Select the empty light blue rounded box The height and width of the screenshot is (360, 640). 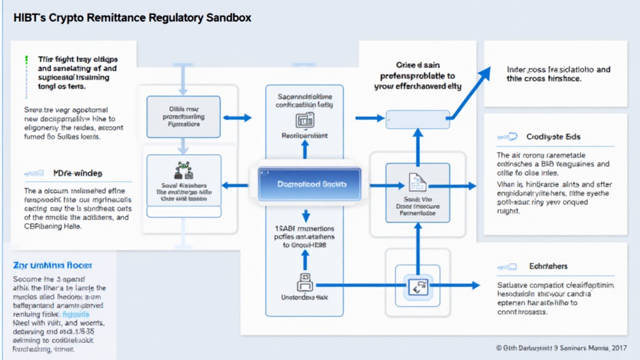coord(417,119)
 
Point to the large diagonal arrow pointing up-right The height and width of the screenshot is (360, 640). coord(472,91)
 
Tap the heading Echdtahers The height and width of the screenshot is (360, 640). coord(548,266)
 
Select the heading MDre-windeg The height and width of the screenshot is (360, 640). coord(69,172)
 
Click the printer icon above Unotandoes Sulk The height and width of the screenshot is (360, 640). coord(304,282)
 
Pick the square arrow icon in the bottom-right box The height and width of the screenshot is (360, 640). coord(417,287)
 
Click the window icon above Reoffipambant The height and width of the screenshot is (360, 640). coord(305,120)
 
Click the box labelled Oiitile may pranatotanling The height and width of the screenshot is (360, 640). coord(183,116)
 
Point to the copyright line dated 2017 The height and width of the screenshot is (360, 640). coord(561,347)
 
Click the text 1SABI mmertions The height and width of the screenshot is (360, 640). coord(304,228)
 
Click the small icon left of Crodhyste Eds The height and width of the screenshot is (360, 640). coord(507,136)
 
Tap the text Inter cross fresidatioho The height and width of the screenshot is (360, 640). coord(559,70)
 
